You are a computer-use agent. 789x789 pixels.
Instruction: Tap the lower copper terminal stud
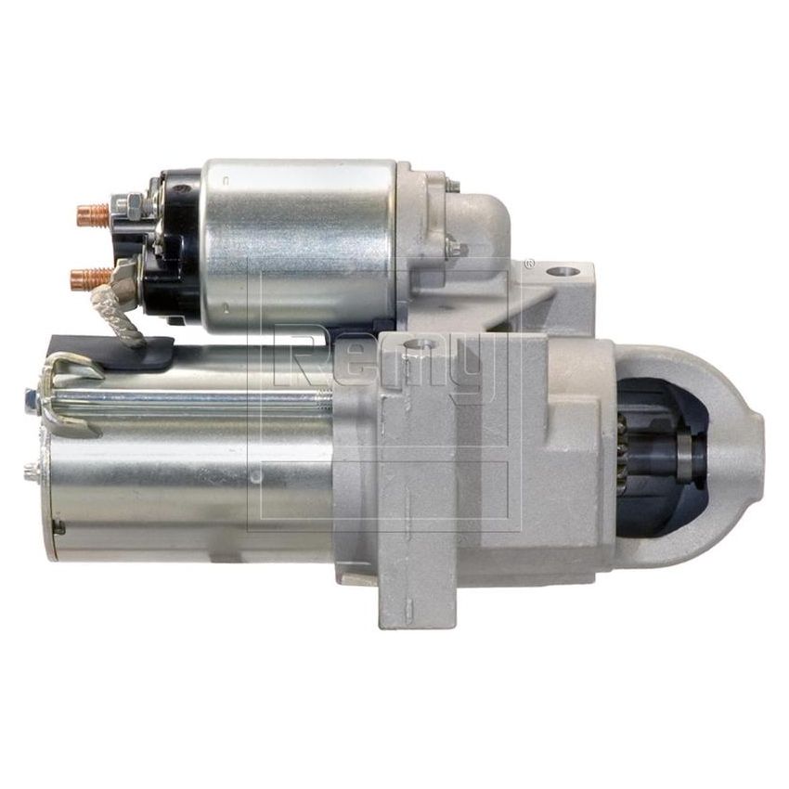point(84,277)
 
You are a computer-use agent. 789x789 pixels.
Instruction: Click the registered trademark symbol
point(530,262)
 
